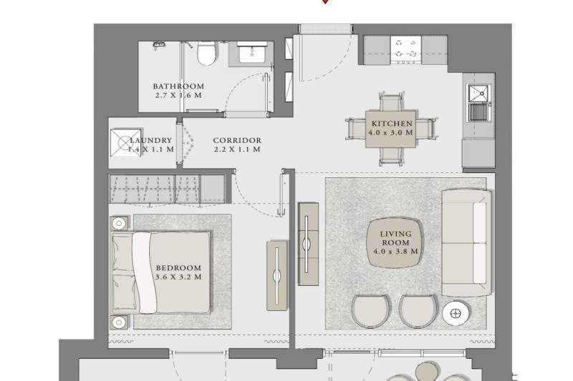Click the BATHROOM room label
178,86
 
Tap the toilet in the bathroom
207,53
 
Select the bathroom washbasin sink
252,54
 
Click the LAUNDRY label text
150,140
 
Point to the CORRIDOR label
237,140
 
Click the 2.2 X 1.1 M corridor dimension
237,149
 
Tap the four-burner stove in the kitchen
405,50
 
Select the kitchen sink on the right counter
479,103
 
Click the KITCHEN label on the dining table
392,124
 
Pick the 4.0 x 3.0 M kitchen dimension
390,133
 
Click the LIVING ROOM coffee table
395,243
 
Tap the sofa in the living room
466,243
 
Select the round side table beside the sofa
456,313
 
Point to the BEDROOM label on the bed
178,268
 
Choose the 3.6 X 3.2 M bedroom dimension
178,277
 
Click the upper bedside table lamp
119,223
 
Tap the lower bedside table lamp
119,322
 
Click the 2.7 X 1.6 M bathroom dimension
178,96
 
